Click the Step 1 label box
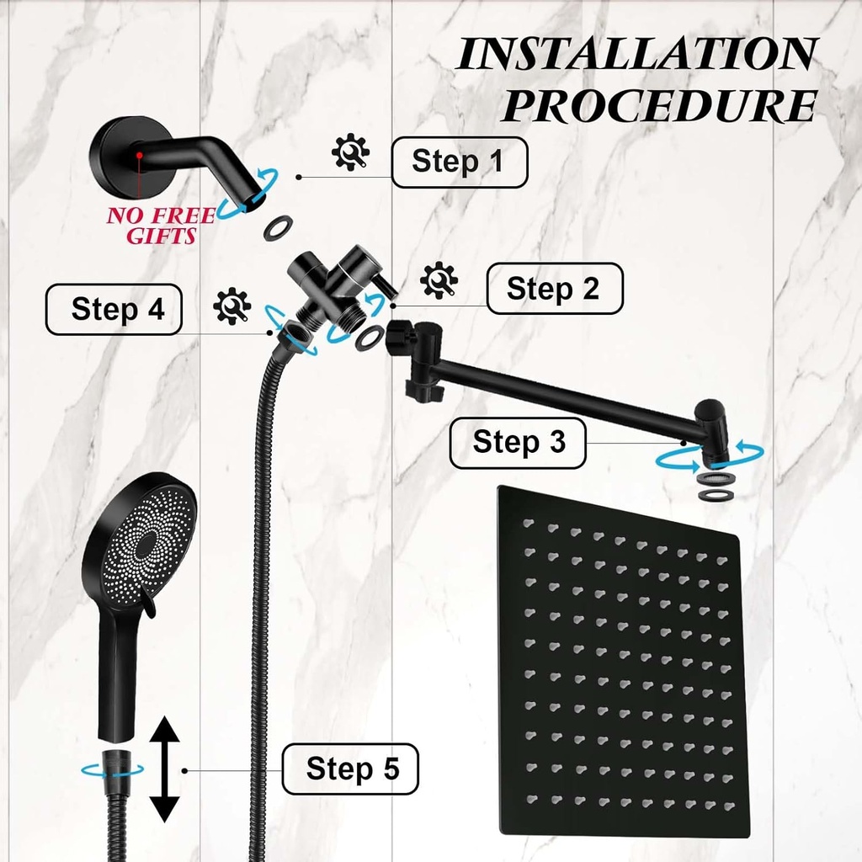[459, 162]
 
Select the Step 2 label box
[555, 289]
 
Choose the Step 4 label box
[114, 310]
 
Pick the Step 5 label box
[350, 769]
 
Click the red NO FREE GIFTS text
[150, 226]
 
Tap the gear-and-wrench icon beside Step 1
[349, 152]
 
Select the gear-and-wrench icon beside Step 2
[439, 280]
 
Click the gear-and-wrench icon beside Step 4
[231, 306]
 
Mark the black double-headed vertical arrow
[165, 769]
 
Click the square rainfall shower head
[623, 661]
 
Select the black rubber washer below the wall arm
[278, 226]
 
